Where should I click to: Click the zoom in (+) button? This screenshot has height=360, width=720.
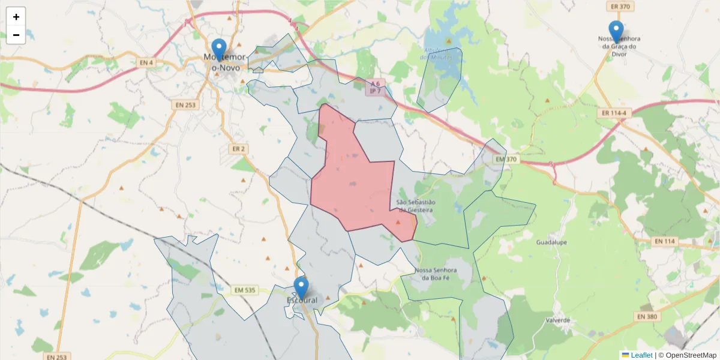click(16, 17)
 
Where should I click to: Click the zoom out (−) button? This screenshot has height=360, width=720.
click(16, 35)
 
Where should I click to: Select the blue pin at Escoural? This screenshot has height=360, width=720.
click(301, 287)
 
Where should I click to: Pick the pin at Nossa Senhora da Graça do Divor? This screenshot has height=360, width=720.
click(616, 31)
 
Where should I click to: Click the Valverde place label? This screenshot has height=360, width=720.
click(558, 320)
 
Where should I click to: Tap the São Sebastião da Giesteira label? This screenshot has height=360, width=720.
click(415, 206)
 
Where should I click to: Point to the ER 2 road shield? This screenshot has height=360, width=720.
click(238, 148)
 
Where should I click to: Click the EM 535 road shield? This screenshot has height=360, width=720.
click(242, 290)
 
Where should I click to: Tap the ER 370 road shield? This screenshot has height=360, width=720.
click(619, 7)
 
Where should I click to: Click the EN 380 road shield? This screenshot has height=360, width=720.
click(647, 316)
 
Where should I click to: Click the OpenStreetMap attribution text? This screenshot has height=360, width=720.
click(691, 355)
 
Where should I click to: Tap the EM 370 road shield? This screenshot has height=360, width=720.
click(507, 160)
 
